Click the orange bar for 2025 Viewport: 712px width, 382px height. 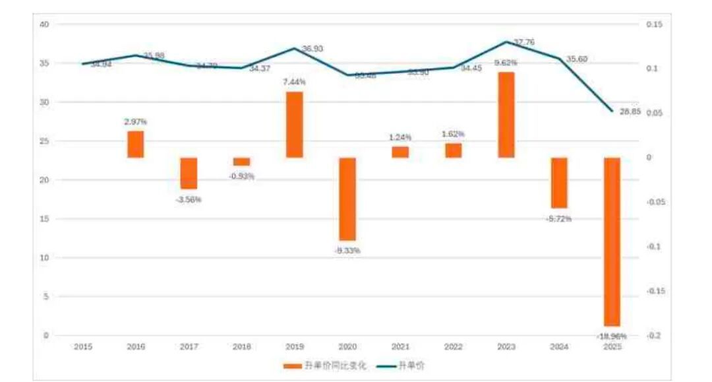pyautogui.click(x=612, y=241)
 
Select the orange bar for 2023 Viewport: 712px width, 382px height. pyautogui.click(x=506, y=115)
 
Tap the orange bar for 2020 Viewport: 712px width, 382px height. pyautogui.click(x=347, y=199)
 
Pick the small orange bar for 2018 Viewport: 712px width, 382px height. pyautogui.click(x=242, y=162)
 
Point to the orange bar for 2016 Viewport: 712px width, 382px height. pyautogui.click(x=136, y=144)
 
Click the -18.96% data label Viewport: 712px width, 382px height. pyautogui.click(x=612, y=336)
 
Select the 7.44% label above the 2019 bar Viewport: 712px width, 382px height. pyautogui.click(x=295, y=82)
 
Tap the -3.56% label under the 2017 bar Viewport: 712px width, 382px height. pyautogui.click(x=189, y=199)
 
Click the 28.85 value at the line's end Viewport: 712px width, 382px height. pyautogui.click(x=630, y=112)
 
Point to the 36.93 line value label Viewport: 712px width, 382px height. pyautogui.click(x=312, y=49)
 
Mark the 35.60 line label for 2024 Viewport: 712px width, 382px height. pyautogui.click(x=577, y=59)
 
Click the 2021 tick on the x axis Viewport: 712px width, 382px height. pyautogui.click(x=400, y=346)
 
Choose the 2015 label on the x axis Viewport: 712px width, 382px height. pyautogui.click(x=83, y=346)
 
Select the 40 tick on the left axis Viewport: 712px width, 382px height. pyautogui.click(x=45, y=24)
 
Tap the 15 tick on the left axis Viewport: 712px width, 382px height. pyautogui.click(x=45, y=219)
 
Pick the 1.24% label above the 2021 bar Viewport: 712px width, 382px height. pyautogui.click(x=400, y=137)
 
